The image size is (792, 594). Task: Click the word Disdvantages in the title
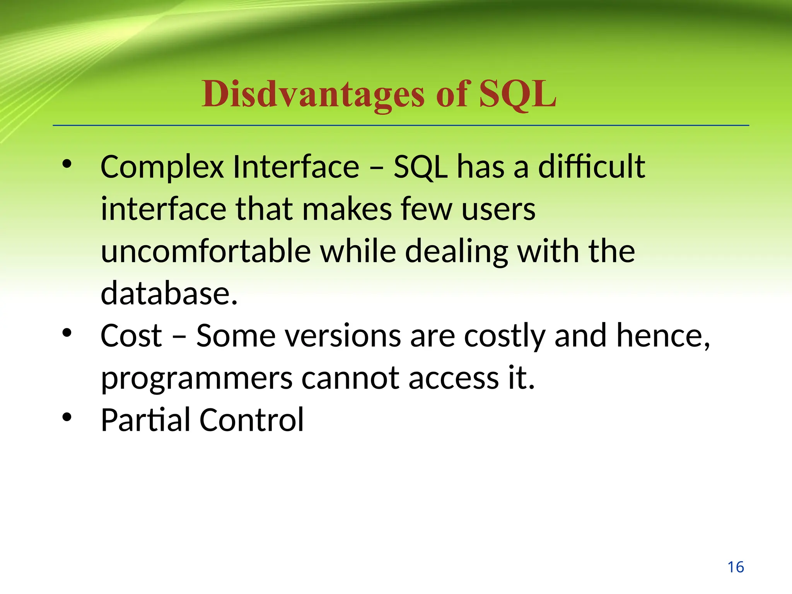click(312, 95)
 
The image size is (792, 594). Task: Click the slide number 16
click(736, 567)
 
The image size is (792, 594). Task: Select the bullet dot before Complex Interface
click(67, 164)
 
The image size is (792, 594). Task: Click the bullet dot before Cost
click(67, 333)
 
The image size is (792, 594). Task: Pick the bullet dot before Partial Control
click(67, 417)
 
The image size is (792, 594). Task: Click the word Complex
click(162, 167)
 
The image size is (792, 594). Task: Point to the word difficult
click(591, 167)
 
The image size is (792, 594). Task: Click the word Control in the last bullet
click(252, 420)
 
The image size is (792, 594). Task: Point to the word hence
click(662, 336)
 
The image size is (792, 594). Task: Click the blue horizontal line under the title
click(401, 125)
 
